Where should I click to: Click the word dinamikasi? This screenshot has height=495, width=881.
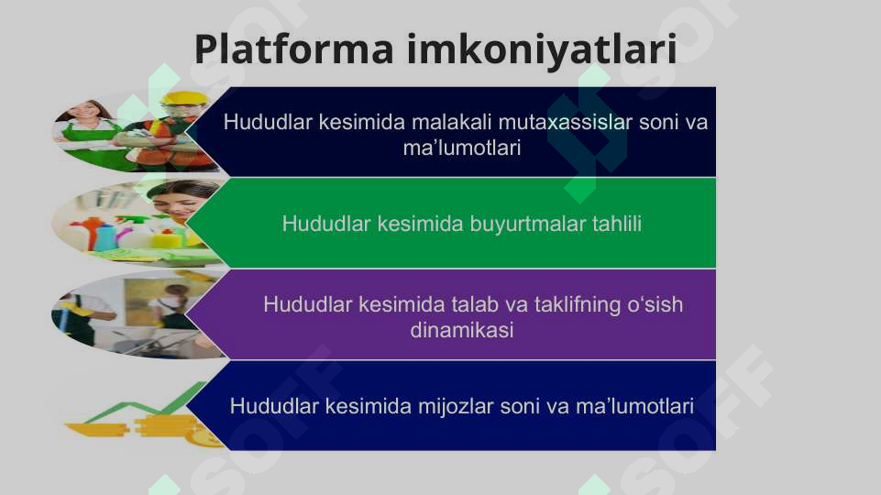pos(461,330)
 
